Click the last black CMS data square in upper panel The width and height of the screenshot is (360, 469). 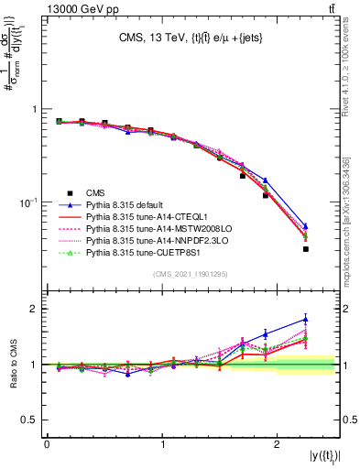pyautogui.click(x=305, y=248)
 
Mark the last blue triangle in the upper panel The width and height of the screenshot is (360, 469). pyautogui.click(x=305, y=226)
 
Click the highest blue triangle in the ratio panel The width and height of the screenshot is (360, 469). pyautogui.click(x=305, y=320)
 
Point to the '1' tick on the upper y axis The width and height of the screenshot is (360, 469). pyautogui.click(x=36, y=109)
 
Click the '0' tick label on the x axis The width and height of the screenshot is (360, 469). pyautogui.click(x=47, y=444)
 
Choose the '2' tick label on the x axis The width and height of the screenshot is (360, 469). pyautogui.click(x=279, y=444)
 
